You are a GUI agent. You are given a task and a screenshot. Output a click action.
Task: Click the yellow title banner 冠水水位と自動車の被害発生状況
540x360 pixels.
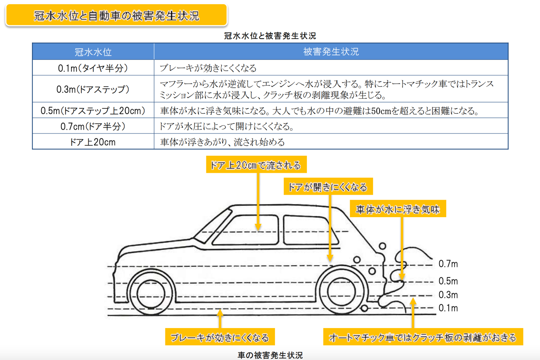(x=116, y=15)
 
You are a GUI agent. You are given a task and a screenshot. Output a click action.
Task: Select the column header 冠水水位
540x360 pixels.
(x=93, y=51)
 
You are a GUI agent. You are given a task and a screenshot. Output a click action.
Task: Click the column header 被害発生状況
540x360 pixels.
(x=331, y=51)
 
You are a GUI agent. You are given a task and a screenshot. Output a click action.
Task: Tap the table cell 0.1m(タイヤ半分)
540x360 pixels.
(x=93, y=68)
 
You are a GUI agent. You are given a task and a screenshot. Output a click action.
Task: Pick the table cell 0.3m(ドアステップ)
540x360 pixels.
(x=93, y=89)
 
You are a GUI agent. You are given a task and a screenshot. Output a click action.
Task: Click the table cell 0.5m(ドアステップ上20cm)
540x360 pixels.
(x=93, y=110)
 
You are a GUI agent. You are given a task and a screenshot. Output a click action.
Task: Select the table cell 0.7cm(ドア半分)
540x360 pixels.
(x=93, y=126)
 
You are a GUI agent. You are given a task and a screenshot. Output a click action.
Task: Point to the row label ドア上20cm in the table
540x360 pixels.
(x=93, y=142)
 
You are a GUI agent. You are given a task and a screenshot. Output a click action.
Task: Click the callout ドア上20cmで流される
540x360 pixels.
(x=256, y=164)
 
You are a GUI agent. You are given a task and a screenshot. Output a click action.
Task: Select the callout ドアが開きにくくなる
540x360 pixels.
(x=328, y=186)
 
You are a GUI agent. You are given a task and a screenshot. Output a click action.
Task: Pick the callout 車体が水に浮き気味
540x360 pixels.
(x=398, y=209)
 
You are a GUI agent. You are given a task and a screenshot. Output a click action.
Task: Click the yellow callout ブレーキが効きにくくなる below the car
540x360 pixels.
(x=220, y=337)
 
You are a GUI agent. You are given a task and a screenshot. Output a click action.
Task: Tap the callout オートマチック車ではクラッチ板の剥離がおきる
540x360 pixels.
(x=423, y=337)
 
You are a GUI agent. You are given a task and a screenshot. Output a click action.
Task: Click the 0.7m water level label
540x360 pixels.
(x=448, y=264)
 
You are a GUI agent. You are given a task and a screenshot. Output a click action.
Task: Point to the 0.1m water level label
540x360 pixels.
(x=448, y=308)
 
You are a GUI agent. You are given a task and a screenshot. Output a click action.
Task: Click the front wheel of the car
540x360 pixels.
(x=151, y=293)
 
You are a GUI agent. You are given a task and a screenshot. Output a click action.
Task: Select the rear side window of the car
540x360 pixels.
(x=311, y=230)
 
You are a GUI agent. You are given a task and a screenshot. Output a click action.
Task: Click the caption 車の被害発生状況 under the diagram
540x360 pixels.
(x=270, y=355)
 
